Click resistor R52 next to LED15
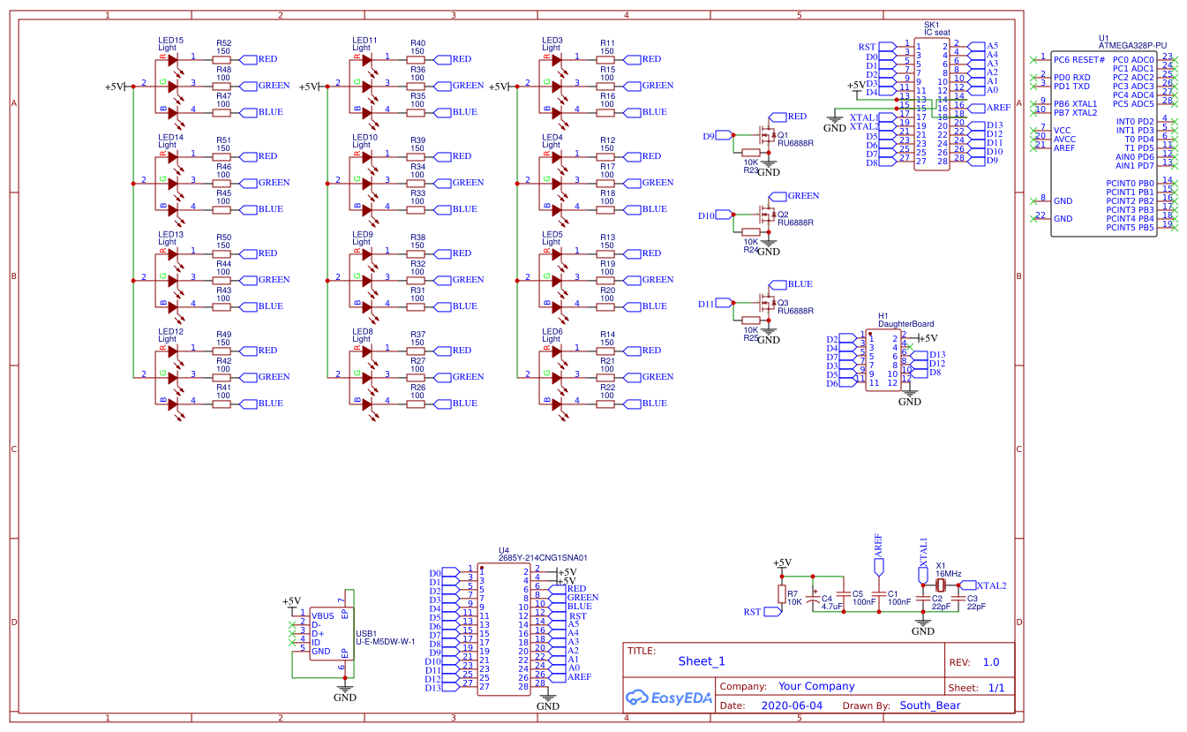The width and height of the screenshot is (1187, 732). (x=222, y=59)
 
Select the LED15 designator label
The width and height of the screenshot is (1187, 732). (x=170, y=41)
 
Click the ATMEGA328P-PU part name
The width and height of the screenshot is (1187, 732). (x=1132, y=45)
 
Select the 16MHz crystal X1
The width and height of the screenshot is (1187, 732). (x=941, y=585)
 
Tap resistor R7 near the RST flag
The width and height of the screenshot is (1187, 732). (x=781, y=594)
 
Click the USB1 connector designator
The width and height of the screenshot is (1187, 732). (x=365, y=633)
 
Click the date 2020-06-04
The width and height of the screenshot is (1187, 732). (x=791, y=706)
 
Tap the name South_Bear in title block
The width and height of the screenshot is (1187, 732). (x=929, y=706)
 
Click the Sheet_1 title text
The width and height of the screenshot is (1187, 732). (x=701, y=661)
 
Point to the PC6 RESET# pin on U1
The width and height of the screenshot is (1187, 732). (x=1078, y=60)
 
